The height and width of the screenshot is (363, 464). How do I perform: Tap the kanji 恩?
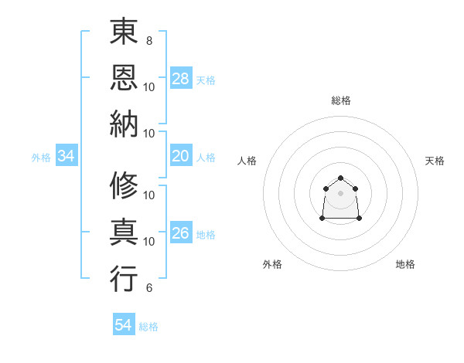(125, 76)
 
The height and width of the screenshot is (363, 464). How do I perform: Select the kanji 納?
(125, 123)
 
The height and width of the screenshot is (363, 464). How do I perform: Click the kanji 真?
(125, 232)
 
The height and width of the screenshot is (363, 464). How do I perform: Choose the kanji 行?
(125, 279)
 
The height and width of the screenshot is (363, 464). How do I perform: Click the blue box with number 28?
(181, 79)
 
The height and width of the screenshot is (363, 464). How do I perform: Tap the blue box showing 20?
(181, 157)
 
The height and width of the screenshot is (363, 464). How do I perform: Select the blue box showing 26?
(181, 234)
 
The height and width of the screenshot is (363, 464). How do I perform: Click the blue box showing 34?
(67, 157)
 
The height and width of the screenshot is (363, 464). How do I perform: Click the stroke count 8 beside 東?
(148, 39)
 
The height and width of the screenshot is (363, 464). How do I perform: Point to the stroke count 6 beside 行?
(148, 288)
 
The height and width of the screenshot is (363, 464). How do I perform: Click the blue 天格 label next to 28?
(206, 80)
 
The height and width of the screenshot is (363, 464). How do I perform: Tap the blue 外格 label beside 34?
(41, 158)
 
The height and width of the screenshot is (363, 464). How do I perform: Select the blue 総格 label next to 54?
(148, 327)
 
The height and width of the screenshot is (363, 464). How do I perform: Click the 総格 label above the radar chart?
(341, 100)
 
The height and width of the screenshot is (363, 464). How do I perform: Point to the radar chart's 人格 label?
(247, 161)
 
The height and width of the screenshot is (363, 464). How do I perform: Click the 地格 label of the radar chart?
(405, 264)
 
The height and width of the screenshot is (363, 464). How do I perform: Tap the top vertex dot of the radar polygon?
(340, 178)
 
